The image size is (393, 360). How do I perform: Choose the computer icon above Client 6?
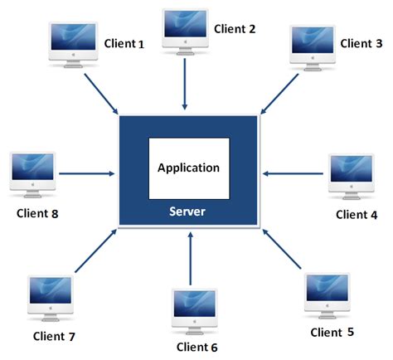point(195,310)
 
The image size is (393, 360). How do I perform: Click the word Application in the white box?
point(189,168)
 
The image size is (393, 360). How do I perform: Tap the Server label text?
point(187,212)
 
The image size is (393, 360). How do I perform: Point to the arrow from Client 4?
point(291,173)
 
